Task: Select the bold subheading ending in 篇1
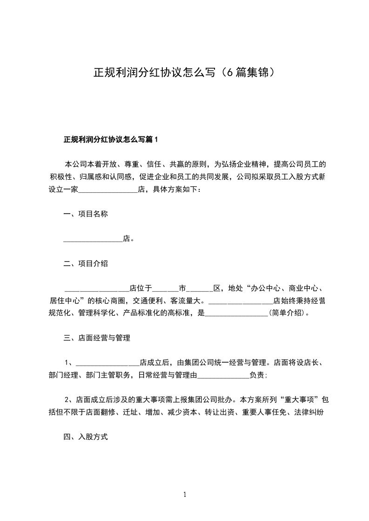111,139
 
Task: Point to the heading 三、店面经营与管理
97,338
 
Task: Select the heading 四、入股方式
86,437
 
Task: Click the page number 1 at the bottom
185,495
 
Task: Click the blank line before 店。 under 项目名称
93,240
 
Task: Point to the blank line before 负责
224,376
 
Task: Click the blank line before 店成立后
107,363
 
